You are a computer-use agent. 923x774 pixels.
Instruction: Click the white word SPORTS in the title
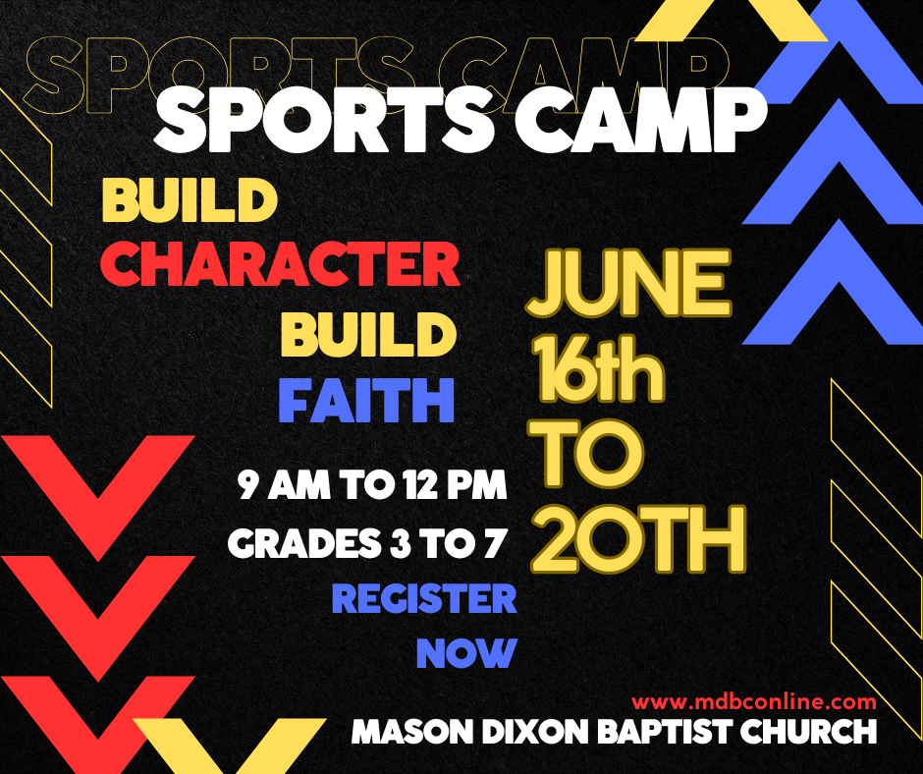[324, 122]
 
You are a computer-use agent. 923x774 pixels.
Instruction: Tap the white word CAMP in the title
[641, 122]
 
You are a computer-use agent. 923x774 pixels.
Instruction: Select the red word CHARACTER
[280, 263]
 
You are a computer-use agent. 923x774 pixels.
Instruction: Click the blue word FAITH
[366, 401]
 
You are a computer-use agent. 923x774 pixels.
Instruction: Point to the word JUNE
[629, 283]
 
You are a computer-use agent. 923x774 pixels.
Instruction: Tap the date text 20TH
[638, 539]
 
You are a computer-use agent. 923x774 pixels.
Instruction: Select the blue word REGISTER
[424, 598]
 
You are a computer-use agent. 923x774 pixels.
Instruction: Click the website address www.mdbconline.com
[754, 701]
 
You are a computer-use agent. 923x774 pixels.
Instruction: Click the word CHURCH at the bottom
[808, 732]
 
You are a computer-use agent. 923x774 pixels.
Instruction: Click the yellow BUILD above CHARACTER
[190, 199]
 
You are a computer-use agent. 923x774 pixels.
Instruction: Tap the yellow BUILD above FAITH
[368, 335]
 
